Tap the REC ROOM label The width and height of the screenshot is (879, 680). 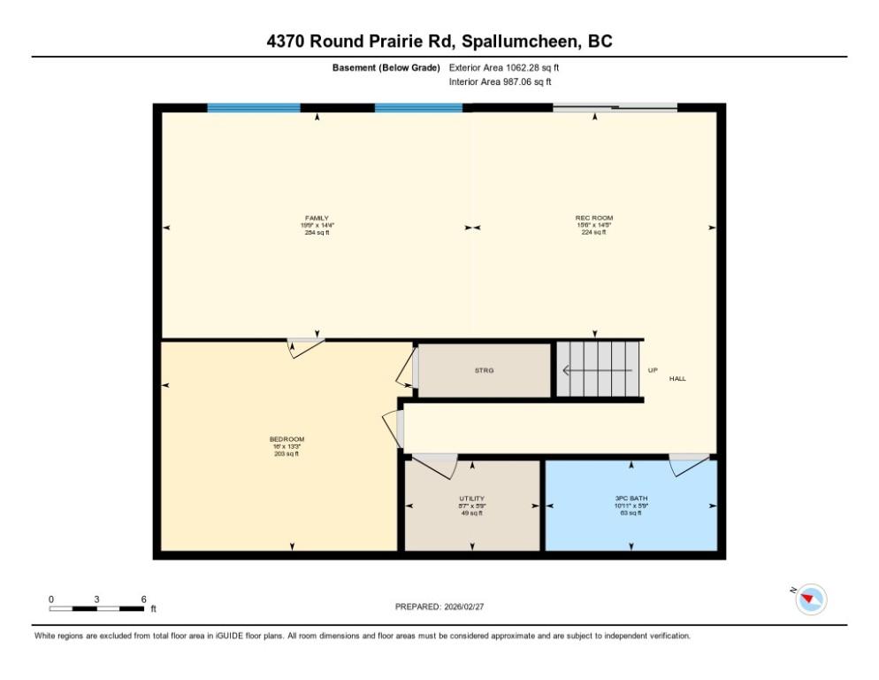click(x=593, y=218)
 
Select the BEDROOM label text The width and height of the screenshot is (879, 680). click(x=287, y=439)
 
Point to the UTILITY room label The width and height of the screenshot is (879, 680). click(x=471, y=498)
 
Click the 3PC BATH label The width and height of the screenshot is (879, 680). click(x=631, y=498)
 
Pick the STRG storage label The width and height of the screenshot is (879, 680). click(x=484, y=370)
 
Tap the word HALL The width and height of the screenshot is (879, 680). click(x=677, y=378)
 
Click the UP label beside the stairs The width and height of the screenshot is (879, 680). click(x=653, y=370)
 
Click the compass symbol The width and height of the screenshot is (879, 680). click(x=810, y=599)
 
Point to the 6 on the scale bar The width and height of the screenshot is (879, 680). click(x=143, y=599)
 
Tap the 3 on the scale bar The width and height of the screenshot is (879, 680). click(x=96, y=599)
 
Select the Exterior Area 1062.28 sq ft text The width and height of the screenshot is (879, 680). click(x=504, y=67)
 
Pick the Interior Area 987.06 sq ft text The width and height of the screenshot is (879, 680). click(x=501, y=81)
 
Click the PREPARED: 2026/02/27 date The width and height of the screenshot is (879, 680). click(x=439, y=607)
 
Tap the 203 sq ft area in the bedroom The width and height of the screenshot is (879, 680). click(x=287, y=453)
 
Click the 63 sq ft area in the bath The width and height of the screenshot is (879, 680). click(x=631, y=513)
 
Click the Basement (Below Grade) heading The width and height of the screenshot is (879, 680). click(x=386, y=67)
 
